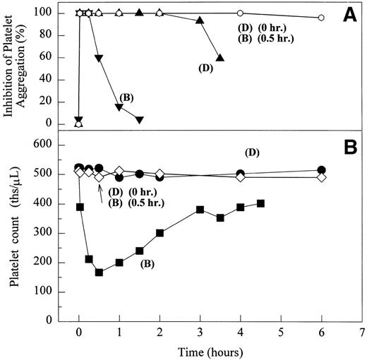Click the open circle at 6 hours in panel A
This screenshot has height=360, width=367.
[321, 18]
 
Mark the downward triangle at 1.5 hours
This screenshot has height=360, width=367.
[140, 119]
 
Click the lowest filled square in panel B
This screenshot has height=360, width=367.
[99, 272]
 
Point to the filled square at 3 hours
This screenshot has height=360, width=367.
[200, 210]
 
